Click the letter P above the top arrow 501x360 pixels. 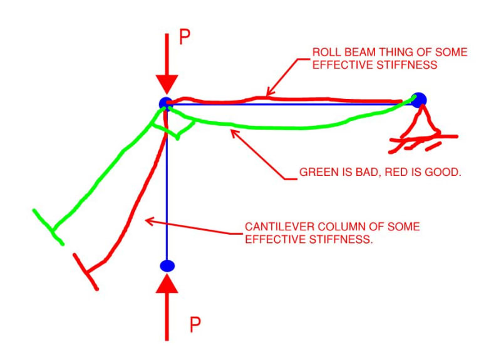[185, 37]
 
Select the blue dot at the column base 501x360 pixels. [167, 266]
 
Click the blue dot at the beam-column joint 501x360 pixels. [165, 103]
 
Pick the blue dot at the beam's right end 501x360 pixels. [419, 99]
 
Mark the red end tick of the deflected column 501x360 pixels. [86, 272]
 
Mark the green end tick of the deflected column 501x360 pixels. [48, 227]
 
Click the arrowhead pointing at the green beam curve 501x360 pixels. [234, 131]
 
